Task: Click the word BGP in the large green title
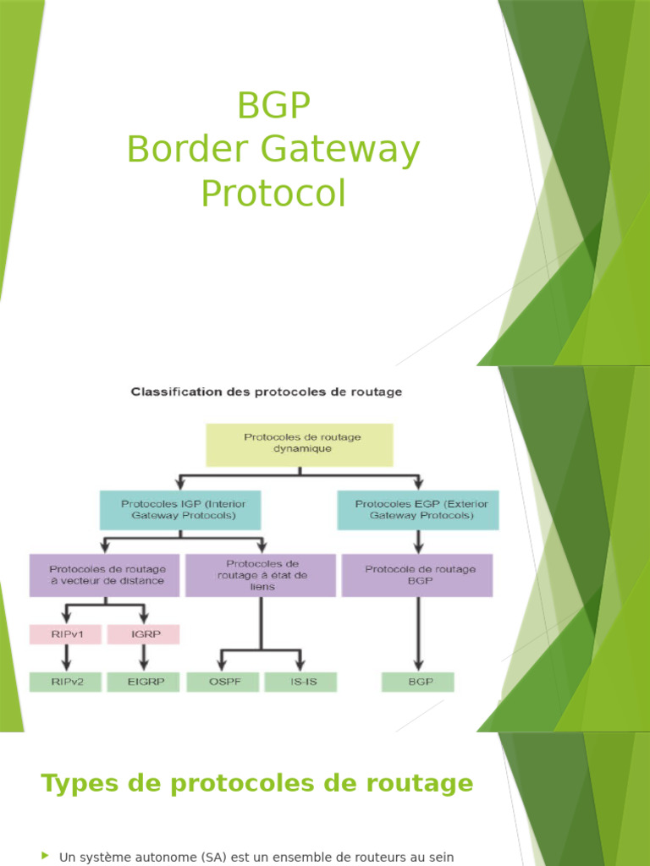pos(273,107)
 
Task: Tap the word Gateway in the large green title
pos(339,151)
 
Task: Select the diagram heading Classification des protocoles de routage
pos(265,392)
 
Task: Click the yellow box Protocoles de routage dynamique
pos(300,444)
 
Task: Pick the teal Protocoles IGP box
pos(179,509)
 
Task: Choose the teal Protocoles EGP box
pos(417,509)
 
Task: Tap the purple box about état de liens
pos(262,575)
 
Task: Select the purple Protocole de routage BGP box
pos(417,575)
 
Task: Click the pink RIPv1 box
pos(66,633)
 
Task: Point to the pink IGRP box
pos(144,633)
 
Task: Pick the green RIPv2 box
pos(66,682)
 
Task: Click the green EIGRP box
pos(144,682)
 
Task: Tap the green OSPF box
pos(222,682)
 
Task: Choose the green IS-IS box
pos(300,682)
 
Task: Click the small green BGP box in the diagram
pos(417,682)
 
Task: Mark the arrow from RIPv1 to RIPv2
pos(66,657)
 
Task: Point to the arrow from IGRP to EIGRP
pos(144,657)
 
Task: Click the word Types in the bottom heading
pos(79,784)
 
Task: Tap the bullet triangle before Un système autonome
pos(45,856)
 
